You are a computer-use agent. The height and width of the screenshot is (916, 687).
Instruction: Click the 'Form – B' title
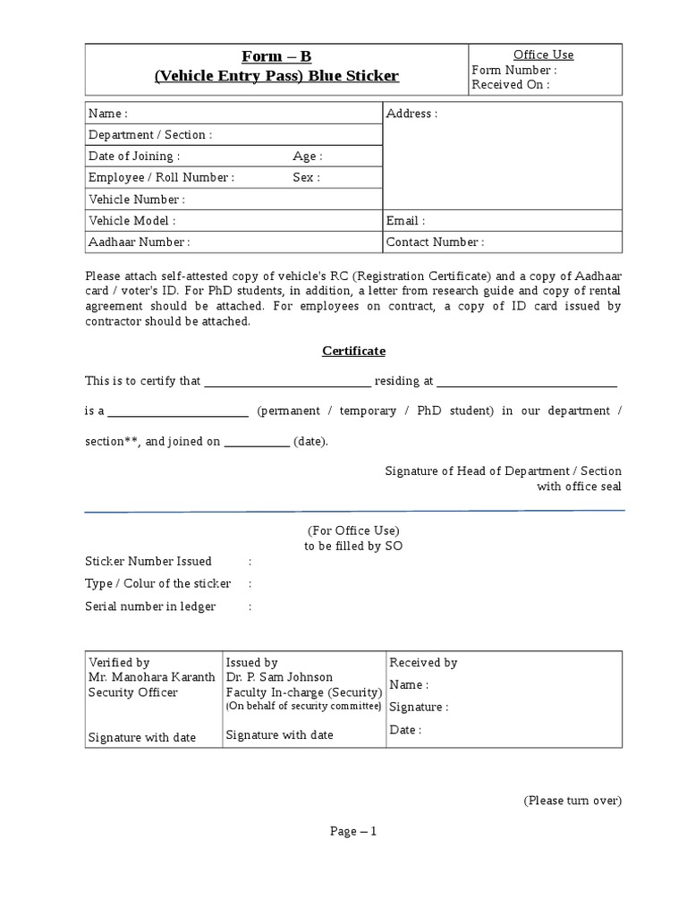[276, 57]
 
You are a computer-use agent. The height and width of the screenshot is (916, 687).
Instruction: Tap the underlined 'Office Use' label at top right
[543, 55]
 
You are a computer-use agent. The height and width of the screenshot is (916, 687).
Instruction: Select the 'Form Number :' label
[514, 70]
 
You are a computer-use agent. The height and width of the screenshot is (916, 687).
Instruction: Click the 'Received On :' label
[511, 85]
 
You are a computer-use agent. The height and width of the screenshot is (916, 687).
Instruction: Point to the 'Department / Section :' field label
[150, 135]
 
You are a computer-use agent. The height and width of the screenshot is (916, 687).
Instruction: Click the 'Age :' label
[308, 157]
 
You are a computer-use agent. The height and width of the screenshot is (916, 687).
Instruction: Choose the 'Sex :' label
[306, 178]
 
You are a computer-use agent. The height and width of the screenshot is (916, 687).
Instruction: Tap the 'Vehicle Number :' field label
[137, 199]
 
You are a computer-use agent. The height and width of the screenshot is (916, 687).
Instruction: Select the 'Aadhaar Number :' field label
[140, 242]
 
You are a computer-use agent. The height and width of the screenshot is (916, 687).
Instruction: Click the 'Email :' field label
[406, 221]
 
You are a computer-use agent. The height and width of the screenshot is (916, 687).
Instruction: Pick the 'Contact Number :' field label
[436, 242]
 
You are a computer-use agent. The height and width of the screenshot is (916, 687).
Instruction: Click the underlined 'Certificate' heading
[353, 351]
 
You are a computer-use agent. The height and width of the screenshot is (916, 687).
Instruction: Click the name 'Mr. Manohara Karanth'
[151, 677]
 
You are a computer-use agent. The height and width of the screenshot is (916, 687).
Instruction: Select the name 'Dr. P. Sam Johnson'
[279, 677]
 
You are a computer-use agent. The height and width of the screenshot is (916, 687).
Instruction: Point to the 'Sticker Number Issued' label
[148, 562]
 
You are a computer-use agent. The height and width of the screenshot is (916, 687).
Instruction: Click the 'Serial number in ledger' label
[150, 606]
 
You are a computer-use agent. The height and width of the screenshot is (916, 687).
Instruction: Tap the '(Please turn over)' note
[572, 801]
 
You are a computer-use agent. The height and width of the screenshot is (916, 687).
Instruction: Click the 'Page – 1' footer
[353, 831]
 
